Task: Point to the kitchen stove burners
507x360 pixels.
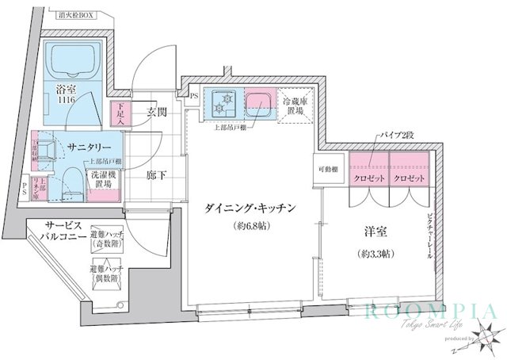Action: click(228, 101)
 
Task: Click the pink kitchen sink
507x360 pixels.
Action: click(258, 103)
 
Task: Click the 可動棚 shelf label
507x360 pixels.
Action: click(330, 170)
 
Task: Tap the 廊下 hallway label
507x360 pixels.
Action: click(156, 175)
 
